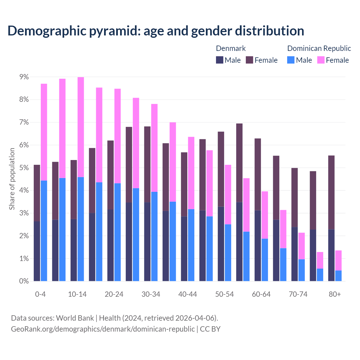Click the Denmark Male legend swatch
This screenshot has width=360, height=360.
tap(220, 60)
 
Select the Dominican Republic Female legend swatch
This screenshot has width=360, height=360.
tap(321, 60)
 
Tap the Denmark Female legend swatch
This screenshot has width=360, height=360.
tap(249, 60)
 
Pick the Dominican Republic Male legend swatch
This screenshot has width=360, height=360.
tap(291, 60)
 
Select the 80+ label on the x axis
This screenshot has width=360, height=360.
tap(335, 294)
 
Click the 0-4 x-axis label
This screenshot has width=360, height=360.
tap(40, 294)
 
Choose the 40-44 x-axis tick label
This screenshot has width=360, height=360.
tap(188, 294)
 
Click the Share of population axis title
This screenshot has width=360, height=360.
tap(12, 179)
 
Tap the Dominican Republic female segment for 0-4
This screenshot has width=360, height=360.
tap(44, 132)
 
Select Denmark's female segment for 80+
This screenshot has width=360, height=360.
tap(331, 192)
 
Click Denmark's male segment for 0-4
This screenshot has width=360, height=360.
tap(37, 251)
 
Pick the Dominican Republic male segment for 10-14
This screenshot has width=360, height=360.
tap(81, 229)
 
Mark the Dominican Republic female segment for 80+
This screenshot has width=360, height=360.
tap(338, 260)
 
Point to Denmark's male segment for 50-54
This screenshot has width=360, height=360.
tap(221, 244)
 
